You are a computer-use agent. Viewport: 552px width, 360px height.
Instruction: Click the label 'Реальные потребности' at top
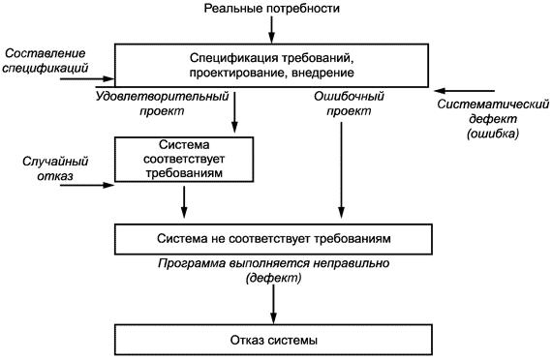tap(271, 9)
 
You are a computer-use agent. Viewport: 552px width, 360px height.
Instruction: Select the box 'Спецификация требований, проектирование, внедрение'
tap(271, 65)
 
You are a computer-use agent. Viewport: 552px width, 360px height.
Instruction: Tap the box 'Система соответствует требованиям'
tap(184, 157)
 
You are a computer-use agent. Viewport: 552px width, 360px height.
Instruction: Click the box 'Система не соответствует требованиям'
tap(271, 237)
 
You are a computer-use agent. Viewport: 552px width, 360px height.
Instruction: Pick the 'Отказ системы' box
tap(271, 341)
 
